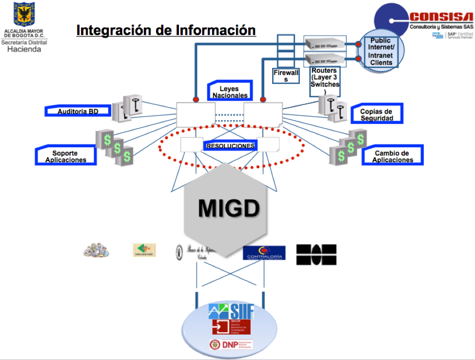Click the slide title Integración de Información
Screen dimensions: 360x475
(x=166, y=30)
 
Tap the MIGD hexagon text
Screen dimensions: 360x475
(x=228, y=208)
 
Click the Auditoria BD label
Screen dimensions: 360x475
(x=78, y=111)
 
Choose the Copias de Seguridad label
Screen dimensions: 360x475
(x=376, y=115)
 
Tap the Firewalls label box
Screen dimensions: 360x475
(x=286, y=76)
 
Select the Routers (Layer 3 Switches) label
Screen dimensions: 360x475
(x=325, y=81)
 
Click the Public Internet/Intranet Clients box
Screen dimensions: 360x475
(x=381, y=52)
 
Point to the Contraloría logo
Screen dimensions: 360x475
(x=264, y=253)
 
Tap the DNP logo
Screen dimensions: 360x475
(x=231, y=344)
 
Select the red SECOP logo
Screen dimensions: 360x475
(x=231, y=327)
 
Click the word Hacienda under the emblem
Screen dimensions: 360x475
(x=24, y=49)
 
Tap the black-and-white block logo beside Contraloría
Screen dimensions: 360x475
(x=316, y=255)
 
